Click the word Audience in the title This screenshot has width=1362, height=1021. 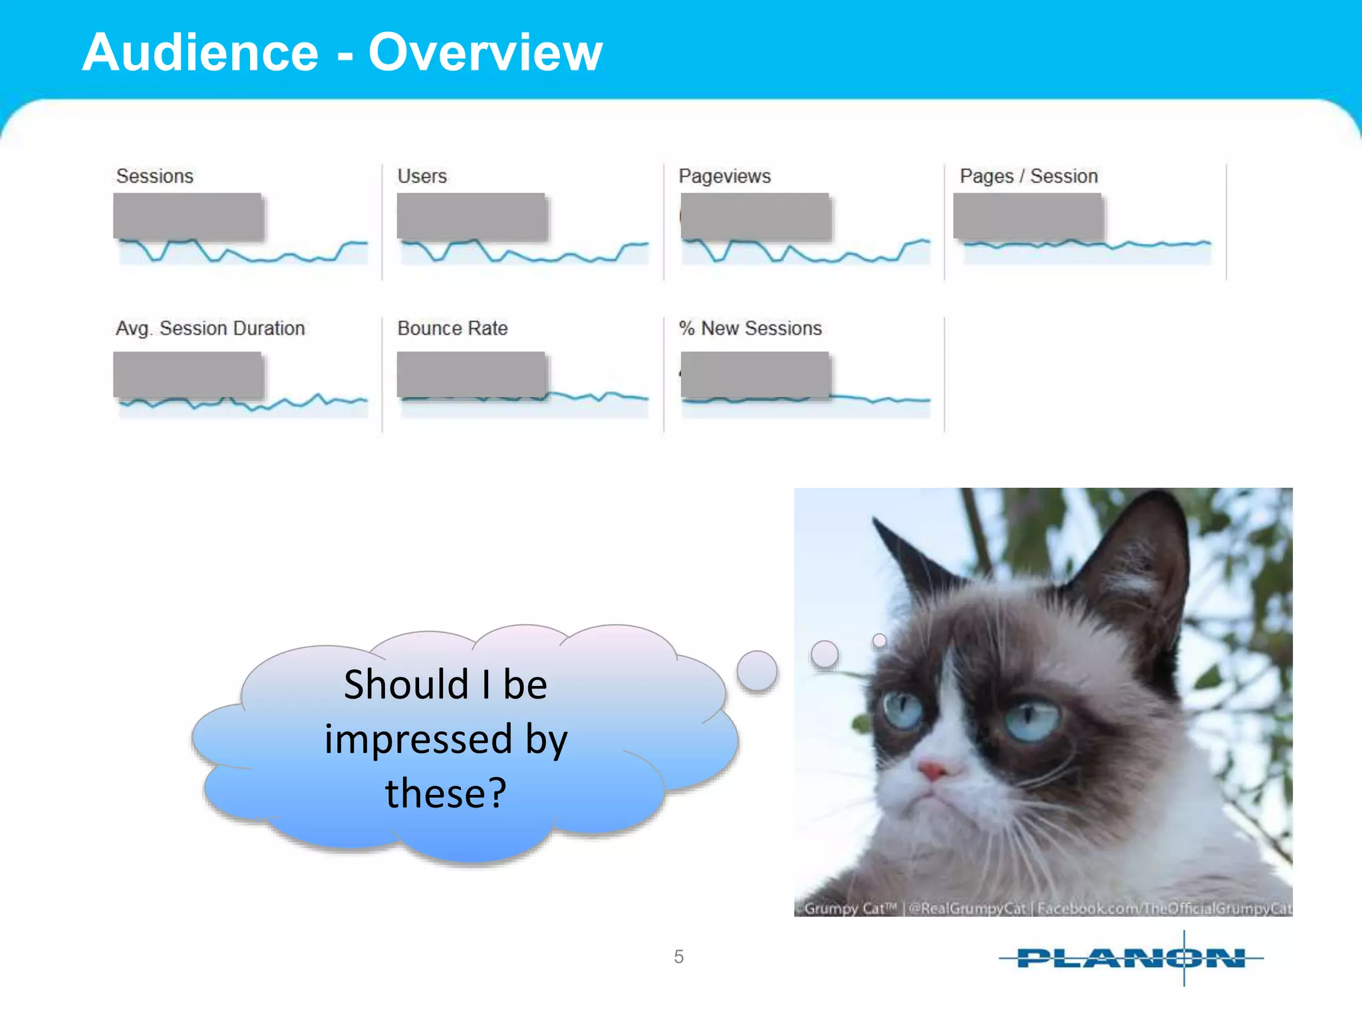pos(200,53)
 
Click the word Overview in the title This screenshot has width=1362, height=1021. pos(485,53)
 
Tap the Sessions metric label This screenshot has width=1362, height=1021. pos(154,176)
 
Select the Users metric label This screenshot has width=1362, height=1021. pos(422,176)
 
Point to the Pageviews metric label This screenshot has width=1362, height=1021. pos(724,176)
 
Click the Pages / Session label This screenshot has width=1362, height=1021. pos(1028,176)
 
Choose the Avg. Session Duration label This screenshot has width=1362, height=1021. pos(210,328)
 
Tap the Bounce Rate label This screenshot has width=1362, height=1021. pos(452,328)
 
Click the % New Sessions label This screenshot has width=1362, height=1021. pos(750,328)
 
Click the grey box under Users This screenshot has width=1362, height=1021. pos(471,216)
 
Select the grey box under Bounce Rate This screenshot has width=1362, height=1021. pos(471,375)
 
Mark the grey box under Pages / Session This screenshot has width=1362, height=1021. pos(1027,216)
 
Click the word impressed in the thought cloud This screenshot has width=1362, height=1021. pos(418,739)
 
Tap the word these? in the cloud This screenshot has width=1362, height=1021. pos(446,793)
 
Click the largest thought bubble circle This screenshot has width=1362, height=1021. pos(757,670)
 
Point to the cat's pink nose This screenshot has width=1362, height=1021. pos(932,771)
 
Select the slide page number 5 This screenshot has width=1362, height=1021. pos(678,957)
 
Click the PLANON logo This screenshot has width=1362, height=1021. pos(1131,958)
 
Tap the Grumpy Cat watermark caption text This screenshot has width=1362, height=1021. pos(1044,908)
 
